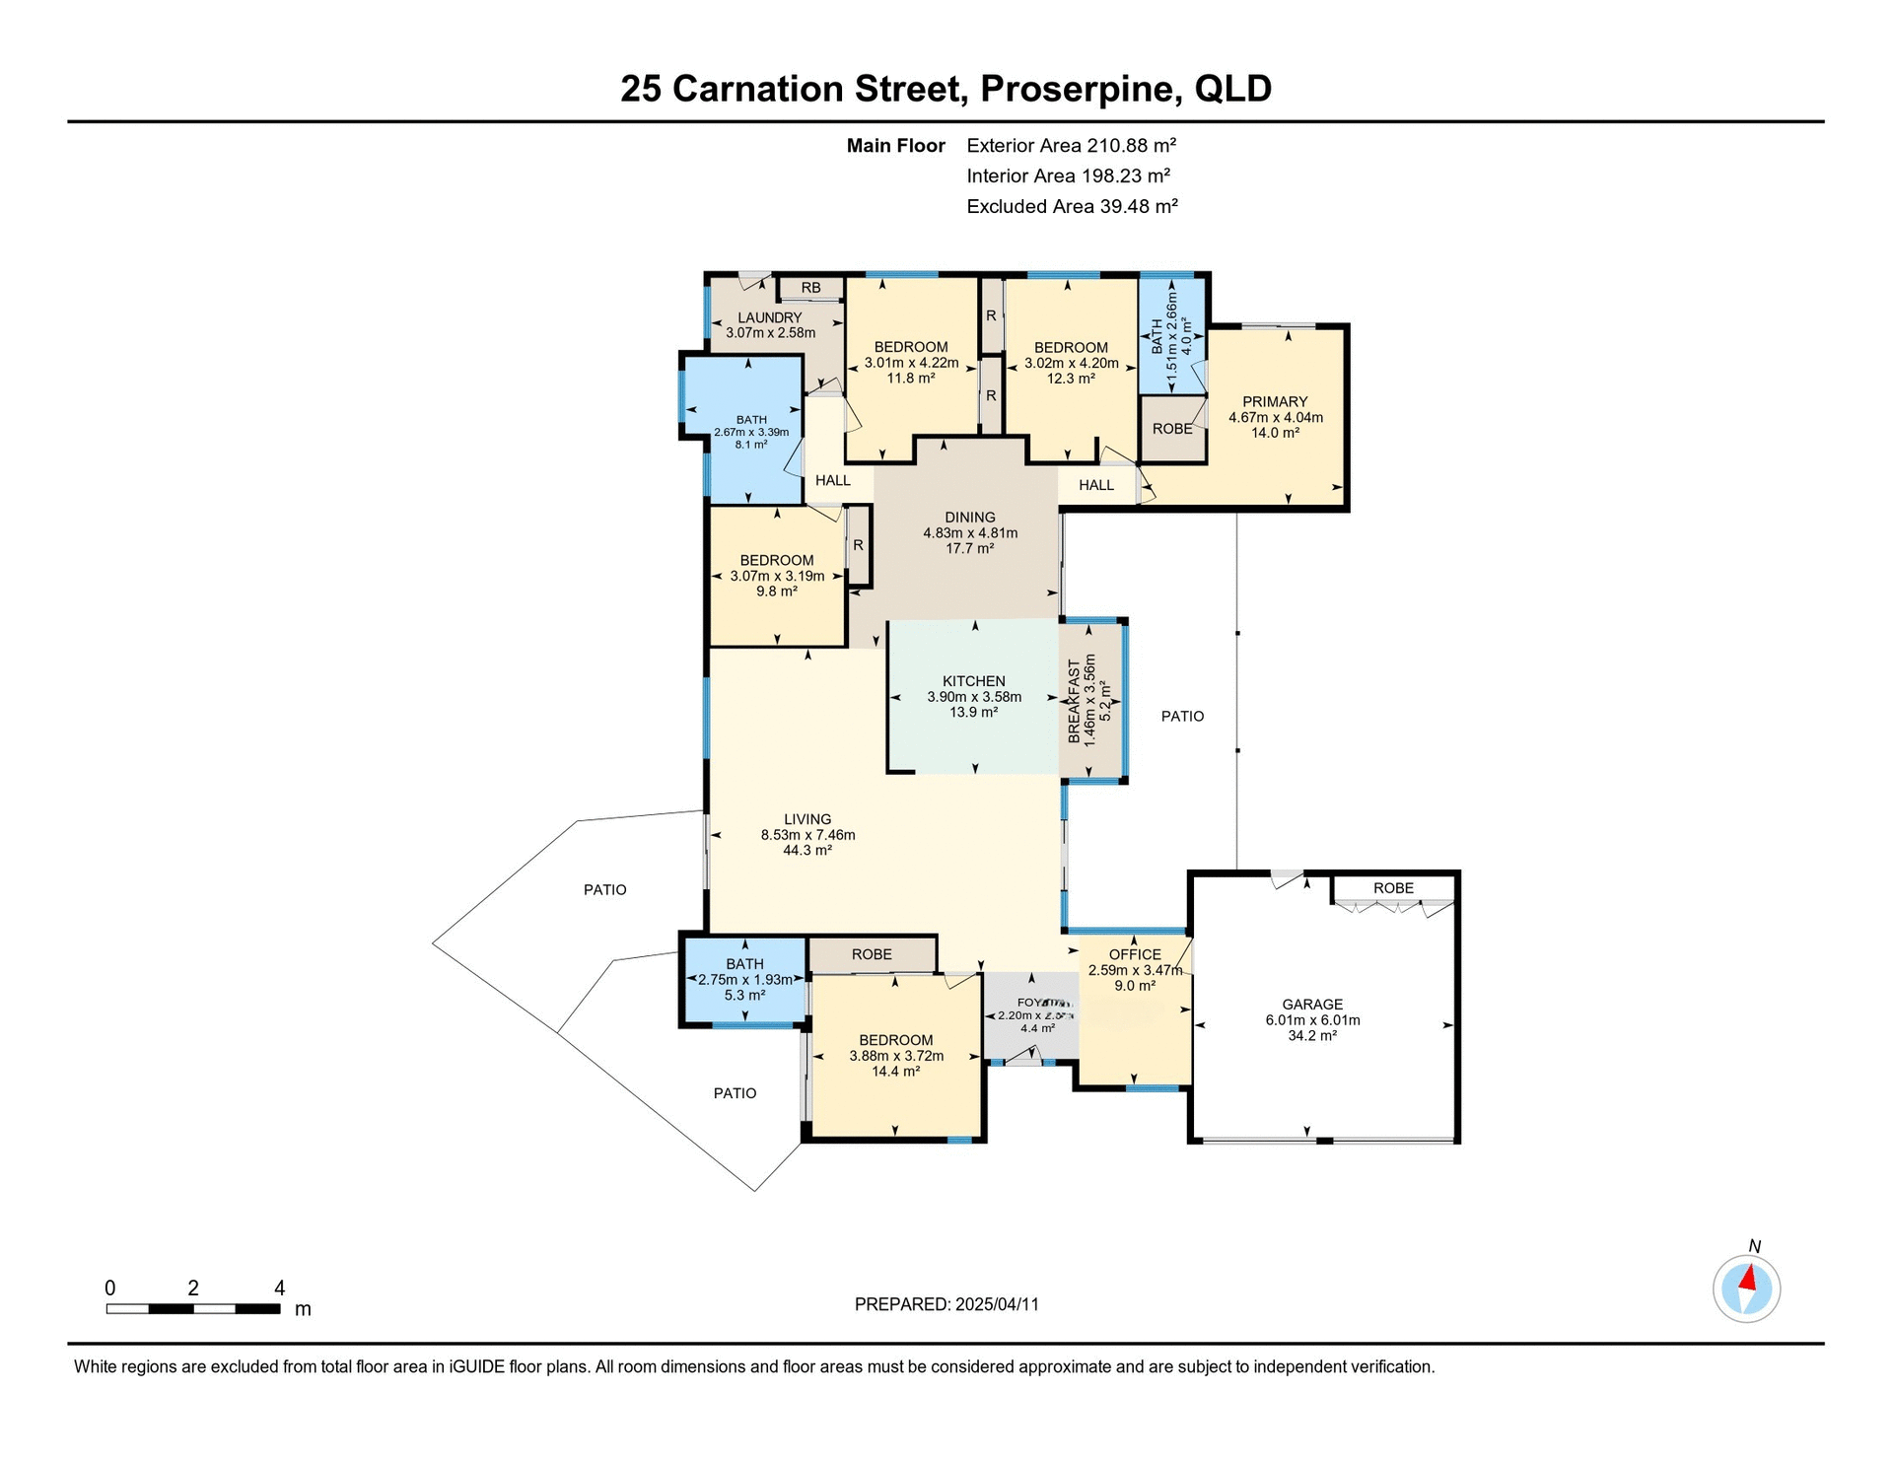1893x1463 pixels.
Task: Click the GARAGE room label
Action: [x=1312, y=1005]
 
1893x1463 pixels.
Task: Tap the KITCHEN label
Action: [x=973, y=681]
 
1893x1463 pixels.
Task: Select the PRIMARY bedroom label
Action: [x=1275, y=401]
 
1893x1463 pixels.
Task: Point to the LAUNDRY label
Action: [x=770, y=317]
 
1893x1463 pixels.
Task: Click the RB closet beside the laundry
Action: [x=810, y=288]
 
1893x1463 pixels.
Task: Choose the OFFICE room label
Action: [x=1135, y=954]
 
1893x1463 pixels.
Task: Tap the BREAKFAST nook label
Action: [x=1075, y=701]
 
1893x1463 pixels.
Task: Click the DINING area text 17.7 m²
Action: [x=969, y=548]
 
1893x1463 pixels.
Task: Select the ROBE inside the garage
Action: [x=1393, y=888]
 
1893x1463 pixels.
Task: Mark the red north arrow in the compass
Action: [x=1748, y=1280]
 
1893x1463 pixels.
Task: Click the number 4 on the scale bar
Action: [x=279, y=1288]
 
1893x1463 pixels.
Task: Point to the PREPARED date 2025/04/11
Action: [x=997, y=1304]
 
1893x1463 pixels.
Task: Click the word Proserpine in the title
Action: [x=1081, y=89]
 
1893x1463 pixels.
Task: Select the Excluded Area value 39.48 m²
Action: [x=1139, y=206]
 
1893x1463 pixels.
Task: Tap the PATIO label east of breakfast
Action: [x=1182, y=716]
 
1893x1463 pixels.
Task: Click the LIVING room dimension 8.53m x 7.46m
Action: [x=807, y=835]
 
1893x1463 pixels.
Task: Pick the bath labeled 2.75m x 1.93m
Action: [x=744, y=980]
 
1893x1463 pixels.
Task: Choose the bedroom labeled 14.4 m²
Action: [x=895, y=1072]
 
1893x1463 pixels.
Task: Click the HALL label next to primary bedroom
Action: [x=1095, y=485]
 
